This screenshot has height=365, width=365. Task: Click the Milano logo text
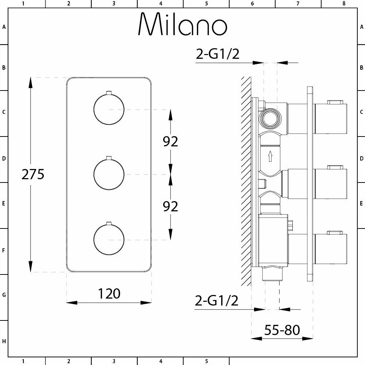click(x=183, y=24)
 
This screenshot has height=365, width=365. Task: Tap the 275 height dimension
click(x=33, y=174)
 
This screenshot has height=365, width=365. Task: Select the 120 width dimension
click(x=109, y=293)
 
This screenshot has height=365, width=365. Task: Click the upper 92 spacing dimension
click(x=170, y=141)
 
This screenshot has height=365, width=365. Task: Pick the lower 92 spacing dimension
click(x=170, y=206)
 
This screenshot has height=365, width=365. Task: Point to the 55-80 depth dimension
click(x=282, y=330)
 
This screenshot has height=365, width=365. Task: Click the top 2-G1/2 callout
click(x=218, y=54)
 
